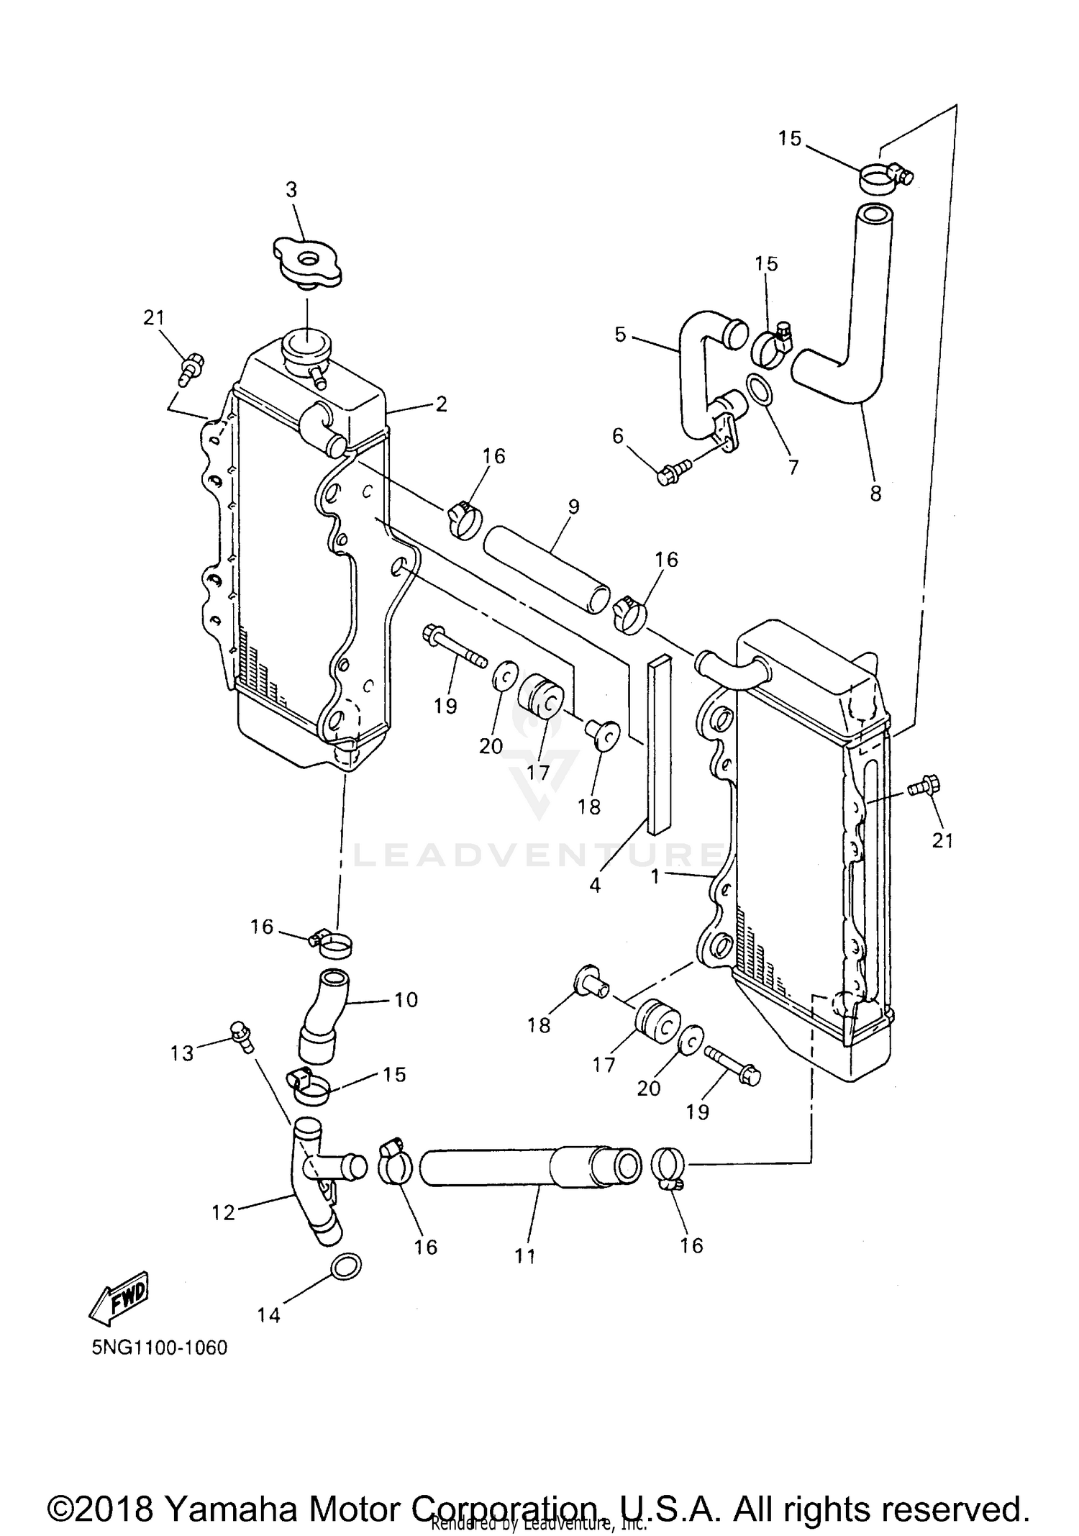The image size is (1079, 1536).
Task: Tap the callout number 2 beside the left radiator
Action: pyautogui.click(x=441, y=404)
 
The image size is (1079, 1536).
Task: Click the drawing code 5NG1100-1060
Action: pyautogui.click(x=159, y=1348)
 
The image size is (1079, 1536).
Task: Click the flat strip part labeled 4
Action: pyautogui.click(x=659, y=745)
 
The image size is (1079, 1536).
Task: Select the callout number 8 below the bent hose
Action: pyautogui.click(x=875, y=494)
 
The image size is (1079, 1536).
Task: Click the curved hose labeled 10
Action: pyautogui.click(x=324, y=1016)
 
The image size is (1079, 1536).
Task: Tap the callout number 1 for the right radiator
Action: pyautogui.click(x=655, y=877)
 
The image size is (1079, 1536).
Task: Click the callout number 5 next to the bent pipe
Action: pyautogui.click(x=620, y=335)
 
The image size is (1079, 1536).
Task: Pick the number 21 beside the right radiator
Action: pyautogui.click(x=942, y=840)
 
